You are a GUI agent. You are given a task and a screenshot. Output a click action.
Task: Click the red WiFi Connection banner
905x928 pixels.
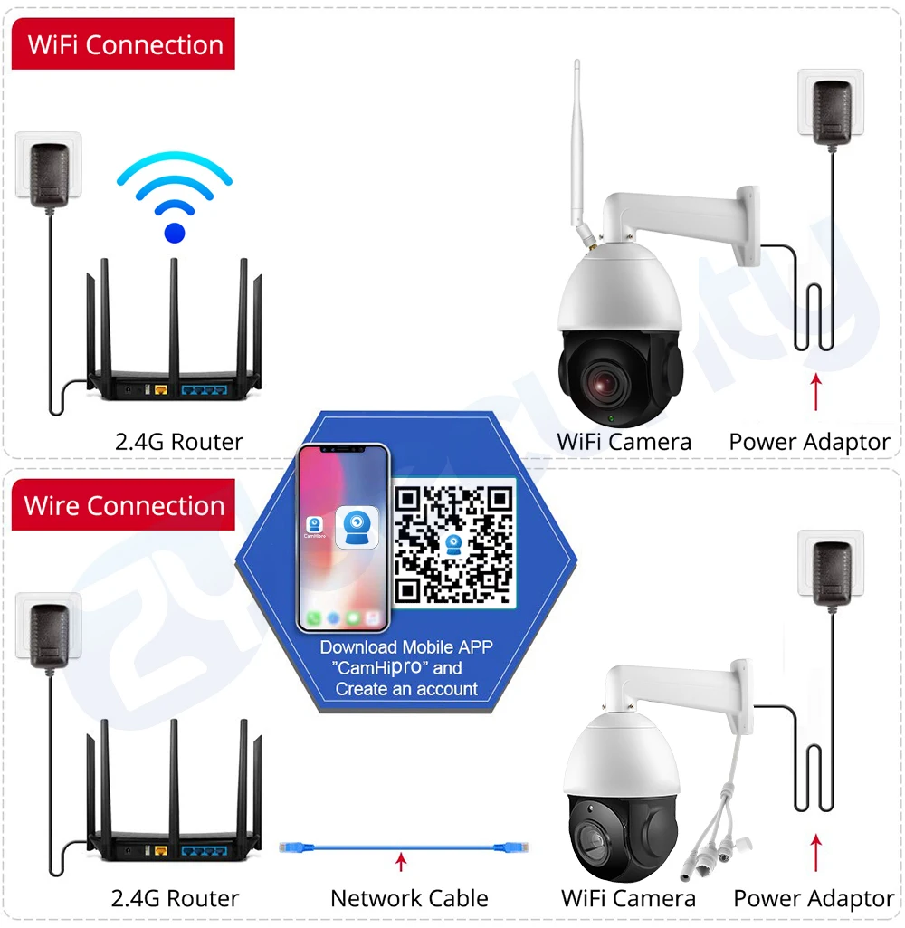pyautogui.click(x=124, y=45)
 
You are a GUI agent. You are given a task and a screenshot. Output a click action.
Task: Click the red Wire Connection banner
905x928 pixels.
pyautogui.click(x=124, y=505)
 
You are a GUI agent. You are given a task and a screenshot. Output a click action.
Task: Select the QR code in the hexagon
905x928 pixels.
pyautogui.click(x=454, y=543)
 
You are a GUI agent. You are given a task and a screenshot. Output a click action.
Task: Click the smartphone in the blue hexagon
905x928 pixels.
pyautogui.click(x=344, y=538)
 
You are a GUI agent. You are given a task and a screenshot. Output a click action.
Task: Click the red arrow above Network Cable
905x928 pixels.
pyautogui.click(x=401, y=861)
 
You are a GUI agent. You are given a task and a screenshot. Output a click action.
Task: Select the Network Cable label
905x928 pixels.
pyautogui.click(x=409, y=898)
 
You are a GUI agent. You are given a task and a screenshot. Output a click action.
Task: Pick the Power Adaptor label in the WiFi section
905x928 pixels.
pyautogui.click(x=809, y=442)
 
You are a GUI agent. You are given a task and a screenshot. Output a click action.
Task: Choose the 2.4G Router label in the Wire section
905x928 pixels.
pyautogui.click(x=175, y=898)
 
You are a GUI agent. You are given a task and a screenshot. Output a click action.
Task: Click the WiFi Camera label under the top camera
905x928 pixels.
pyautogui.click(x=624, y=442)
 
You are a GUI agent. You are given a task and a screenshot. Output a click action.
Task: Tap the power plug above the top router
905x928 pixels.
pyautogui.click(x=49, y=168)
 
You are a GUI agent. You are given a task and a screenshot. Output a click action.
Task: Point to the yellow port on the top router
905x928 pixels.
pyautogui.click(x=162, y=391)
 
